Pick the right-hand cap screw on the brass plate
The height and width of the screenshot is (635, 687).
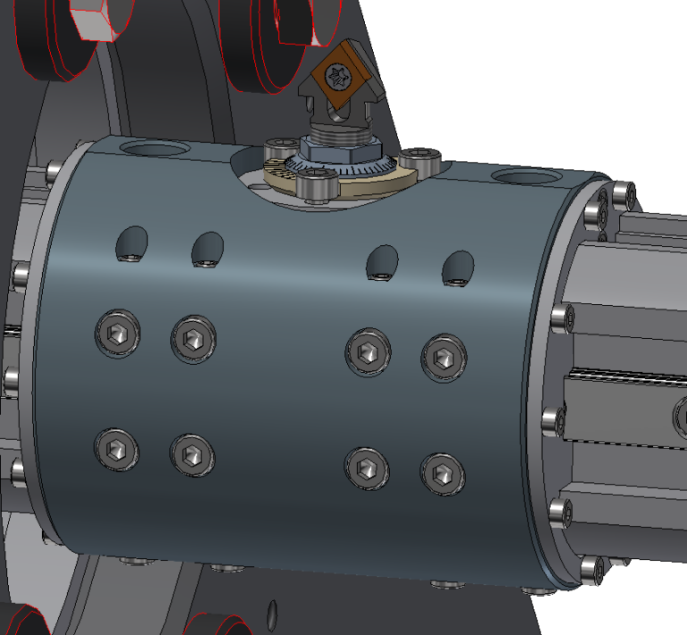tap(420, 160)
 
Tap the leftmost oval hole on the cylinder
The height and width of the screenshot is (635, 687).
tap(131, 243)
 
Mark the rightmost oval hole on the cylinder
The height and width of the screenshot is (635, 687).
tap(459, 268)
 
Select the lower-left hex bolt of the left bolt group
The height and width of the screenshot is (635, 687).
tap(117, 449)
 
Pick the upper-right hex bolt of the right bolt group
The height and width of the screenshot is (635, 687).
tap(443, 357)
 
